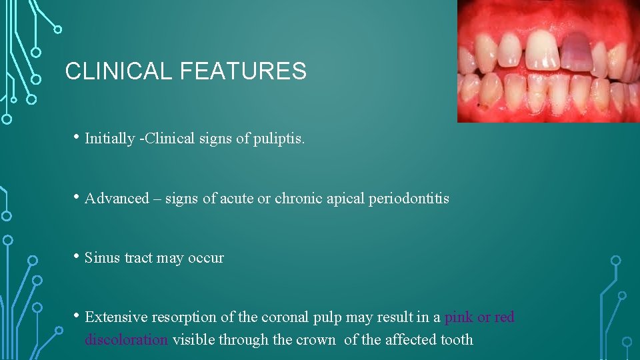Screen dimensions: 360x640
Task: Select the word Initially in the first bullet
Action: tap(109, 139)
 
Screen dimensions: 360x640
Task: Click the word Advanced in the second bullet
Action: tap(117, 199)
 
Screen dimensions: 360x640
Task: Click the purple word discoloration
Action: tap(127, 340)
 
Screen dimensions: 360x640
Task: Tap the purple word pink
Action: tap(459, 317)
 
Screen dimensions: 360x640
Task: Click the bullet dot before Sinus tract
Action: tap(77, 257)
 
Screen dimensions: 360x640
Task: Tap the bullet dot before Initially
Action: tap(77, 138)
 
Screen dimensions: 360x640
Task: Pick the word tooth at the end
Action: tap(457, 340)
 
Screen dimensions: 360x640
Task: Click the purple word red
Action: tap(505, 317)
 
